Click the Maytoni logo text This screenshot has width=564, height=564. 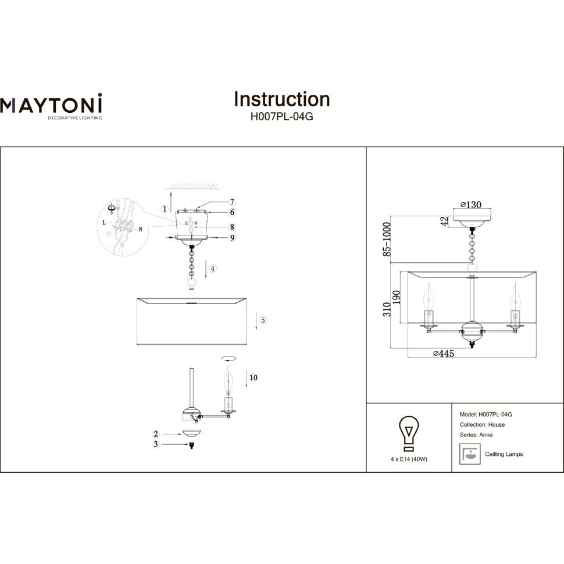pos(51,105)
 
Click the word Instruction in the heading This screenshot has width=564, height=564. pos(281,99)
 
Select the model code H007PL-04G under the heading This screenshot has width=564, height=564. pos(281,116)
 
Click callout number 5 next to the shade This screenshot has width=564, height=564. pos(263,320)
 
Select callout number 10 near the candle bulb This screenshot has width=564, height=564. pos(252,377)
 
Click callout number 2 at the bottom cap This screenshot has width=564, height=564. pos(156,434)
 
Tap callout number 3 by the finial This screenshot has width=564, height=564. pos(156,445)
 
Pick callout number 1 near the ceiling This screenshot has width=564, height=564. pos(165,209)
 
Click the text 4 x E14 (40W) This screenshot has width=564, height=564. pos(409,459)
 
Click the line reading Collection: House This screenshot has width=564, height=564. pos(482,424)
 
